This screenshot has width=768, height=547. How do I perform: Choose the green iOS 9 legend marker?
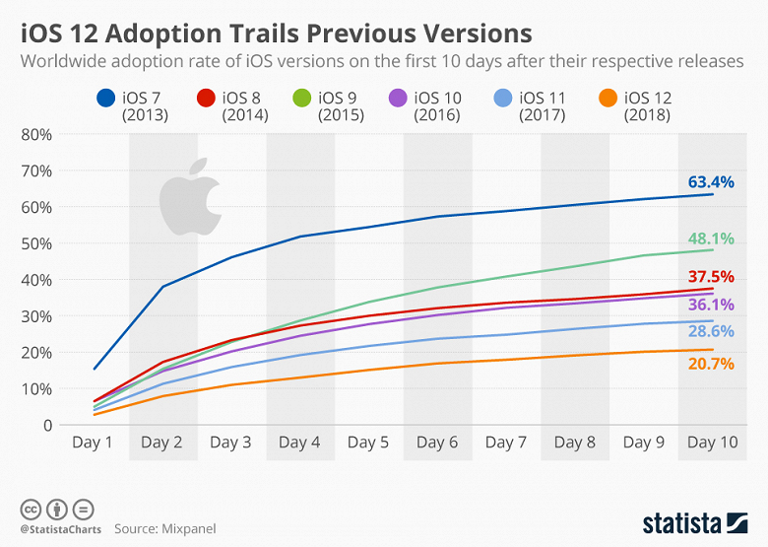click(305, 99)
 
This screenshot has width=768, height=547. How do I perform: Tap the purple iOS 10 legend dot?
click(399, 99)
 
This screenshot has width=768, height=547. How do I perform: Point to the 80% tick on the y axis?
click(36, 134)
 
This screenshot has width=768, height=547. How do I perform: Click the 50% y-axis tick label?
click(36, 243)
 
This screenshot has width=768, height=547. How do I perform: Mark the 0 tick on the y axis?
click(45, 425)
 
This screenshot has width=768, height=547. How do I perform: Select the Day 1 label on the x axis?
click(94, 444)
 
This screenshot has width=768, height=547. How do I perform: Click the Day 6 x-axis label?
click(438, 444)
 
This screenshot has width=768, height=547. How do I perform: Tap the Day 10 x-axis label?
click(712, 444)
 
